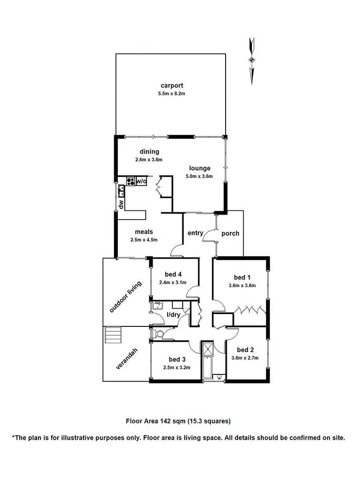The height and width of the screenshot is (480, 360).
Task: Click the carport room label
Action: (172, 86)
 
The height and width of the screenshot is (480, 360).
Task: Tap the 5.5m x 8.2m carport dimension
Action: (172, 94)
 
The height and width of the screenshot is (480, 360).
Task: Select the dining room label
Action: (149, 152)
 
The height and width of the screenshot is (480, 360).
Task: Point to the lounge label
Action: (200, 168)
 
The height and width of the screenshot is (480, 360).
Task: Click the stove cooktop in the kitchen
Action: (131, 181)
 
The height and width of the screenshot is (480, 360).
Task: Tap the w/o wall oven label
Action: (142, 181)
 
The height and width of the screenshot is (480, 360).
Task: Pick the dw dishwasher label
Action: (121, 204)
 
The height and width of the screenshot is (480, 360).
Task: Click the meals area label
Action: (144, 232)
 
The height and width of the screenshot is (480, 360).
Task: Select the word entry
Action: (196, 233)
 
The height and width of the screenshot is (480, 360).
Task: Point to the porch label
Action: (230, 233)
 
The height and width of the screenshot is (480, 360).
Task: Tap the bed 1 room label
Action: (242, 277)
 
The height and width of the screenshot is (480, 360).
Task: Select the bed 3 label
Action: (177, 360)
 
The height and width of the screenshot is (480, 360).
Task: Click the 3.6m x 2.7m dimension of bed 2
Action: (245, 358)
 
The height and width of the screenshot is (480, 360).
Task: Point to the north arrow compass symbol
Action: (251, 60)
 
